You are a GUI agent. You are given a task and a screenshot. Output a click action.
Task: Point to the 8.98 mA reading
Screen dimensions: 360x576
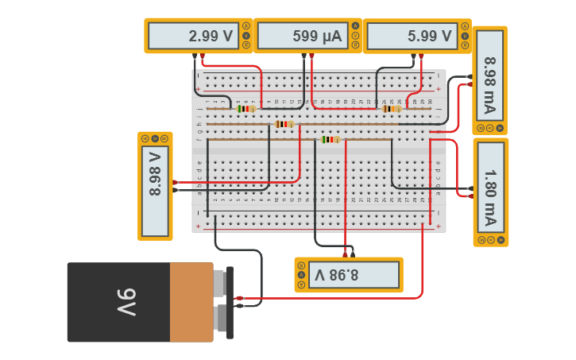coord(489,75)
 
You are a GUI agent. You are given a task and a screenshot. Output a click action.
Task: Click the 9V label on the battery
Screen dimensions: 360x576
coord(127,303)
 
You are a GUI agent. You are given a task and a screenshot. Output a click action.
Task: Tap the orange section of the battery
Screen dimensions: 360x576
coord(191,303)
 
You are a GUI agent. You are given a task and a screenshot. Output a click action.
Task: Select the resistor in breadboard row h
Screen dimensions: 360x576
coord(284,124)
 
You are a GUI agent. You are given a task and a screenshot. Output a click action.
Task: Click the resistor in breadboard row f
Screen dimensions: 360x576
coord(330,139)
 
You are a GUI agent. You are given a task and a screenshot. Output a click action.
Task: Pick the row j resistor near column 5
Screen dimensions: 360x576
coord(245,109)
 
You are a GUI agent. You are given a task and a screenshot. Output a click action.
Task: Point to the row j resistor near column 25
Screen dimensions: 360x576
coord(392,109)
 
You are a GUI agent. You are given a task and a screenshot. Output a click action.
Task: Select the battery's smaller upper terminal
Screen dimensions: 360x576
coord(220,280)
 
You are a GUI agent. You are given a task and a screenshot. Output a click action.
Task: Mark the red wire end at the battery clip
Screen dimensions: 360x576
coord(239,299)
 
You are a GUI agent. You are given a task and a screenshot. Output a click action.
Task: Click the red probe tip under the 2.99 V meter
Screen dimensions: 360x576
coord(203,56)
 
